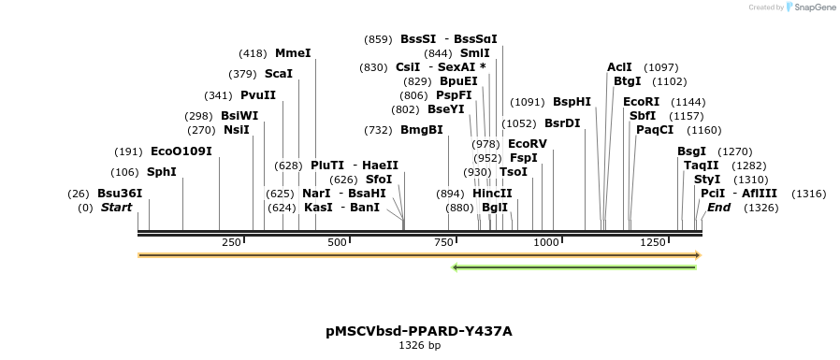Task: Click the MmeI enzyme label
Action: (x=293, y=53)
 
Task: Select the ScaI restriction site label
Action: (x=279, y=74)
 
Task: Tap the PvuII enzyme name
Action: (x=258, y=95)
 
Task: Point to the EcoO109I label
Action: (x=181, y=151)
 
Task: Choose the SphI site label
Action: (x=162, y=172)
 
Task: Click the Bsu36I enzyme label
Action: (x=120, y=194)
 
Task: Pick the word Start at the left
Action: (x=117, y=208)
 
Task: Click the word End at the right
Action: (x=718, y=208)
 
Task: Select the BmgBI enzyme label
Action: (x=422, y=130)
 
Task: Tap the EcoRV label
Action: (x=528, y=144)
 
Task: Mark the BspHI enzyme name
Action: (x=572, y=102)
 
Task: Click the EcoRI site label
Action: (x=642, y=102)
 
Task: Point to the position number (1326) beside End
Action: (x=760, y=208)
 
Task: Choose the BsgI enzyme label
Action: (x=692, y=151)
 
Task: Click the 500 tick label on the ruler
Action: (x=338, y=242)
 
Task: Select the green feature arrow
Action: (x=573, y=267)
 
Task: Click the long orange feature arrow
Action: (x=419, y=254)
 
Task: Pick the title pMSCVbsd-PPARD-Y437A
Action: (x=419, y=331)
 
